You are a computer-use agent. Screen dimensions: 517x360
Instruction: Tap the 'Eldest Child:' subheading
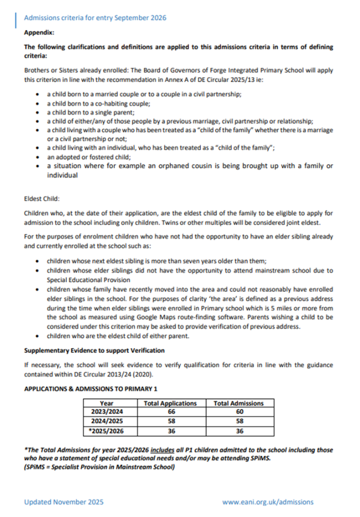pos(42,199)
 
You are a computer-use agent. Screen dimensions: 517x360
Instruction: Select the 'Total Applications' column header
pos(170,403)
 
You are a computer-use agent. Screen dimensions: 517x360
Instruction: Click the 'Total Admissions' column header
pos(238,403)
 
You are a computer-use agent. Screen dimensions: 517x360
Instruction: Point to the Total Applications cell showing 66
pos(170,411)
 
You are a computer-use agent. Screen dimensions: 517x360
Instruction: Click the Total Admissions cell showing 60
pos(238,411)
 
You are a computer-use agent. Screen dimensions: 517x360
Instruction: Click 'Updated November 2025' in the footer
pos(64,502)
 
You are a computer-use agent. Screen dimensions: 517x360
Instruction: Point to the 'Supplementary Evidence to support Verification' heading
pos(94,350)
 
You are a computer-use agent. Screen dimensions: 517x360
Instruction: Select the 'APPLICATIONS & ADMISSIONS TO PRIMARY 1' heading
pos(91,389)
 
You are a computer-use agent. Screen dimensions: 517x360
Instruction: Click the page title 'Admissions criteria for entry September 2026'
pos(95,17)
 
